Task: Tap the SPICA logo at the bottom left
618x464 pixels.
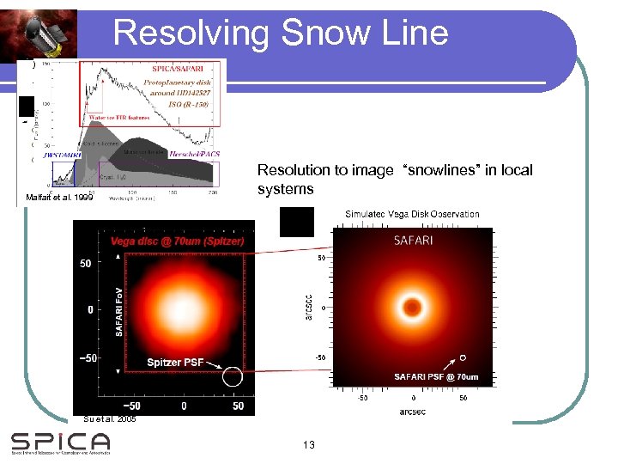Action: [x=60, y=443]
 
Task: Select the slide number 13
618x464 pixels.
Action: [x=310, y=444]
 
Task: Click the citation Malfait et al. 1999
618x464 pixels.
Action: [x=60, y=198]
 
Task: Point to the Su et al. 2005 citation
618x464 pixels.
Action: [x=110, y=419]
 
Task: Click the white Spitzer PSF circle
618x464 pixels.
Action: [x=232, y=376]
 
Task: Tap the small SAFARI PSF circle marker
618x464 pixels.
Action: [x=463, y=357]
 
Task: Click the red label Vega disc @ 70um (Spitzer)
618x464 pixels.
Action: [x=178, y=242]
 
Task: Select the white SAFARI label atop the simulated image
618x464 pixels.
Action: [x=414, y=241]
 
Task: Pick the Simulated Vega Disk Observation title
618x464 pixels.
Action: [x=412, y=214]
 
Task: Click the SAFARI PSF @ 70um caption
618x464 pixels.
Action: [x=436, y=376]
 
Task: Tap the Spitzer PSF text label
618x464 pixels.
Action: [x=175, y=362]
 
